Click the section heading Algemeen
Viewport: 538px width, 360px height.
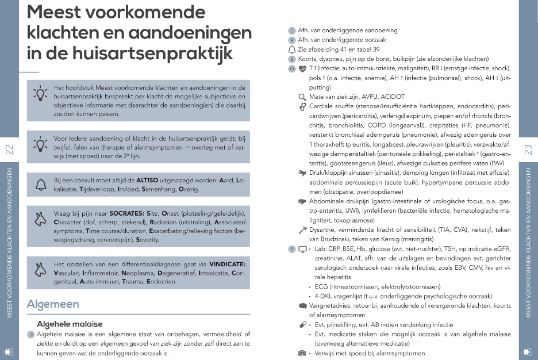[53, 304]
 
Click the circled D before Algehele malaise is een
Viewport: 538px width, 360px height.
[32, 334]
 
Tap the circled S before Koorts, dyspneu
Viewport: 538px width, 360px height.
[292, 59]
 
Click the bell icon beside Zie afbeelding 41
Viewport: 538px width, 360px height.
[292, 49]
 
